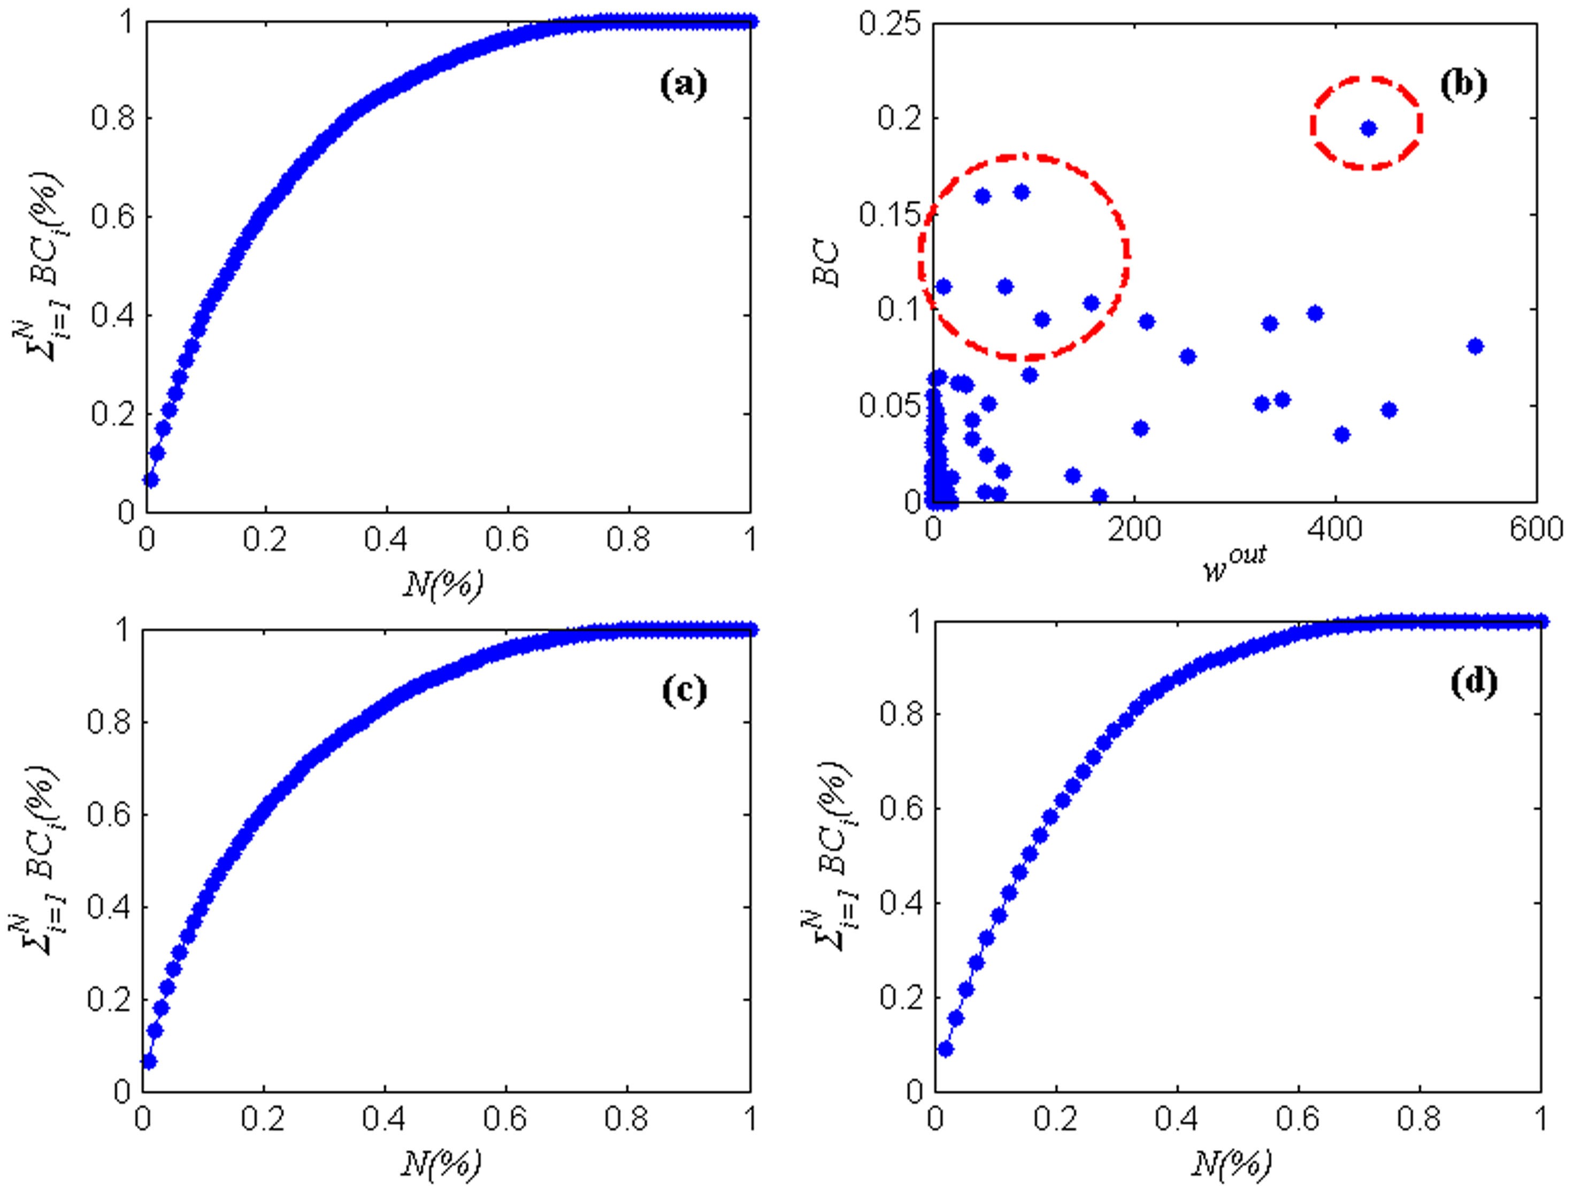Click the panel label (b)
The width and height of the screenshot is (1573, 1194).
point(1463,85)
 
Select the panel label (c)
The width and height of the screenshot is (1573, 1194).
point(684,691)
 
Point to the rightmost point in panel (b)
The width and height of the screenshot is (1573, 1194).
point(1475,346)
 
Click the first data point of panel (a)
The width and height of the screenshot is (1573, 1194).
point(150,480)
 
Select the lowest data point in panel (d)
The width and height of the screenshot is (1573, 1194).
point(945,1049)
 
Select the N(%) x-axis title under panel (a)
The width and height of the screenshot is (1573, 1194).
point(443,585)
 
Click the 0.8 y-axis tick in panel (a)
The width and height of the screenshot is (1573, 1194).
point(112,119)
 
